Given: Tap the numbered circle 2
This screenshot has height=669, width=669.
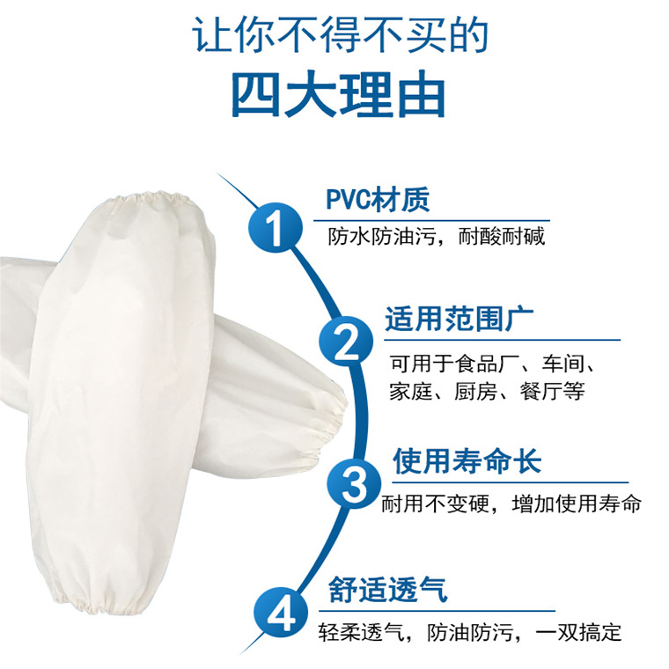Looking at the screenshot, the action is point(346,342).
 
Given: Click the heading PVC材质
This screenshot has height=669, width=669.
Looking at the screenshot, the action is point(378,200).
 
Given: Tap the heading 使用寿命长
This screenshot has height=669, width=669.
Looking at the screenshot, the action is point(467,461).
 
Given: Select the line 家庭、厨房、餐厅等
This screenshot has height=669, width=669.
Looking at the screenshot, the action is point(486,392).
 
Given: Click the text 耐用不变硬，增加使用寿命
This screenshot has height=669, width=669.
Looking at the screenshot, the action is point(511,505).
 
